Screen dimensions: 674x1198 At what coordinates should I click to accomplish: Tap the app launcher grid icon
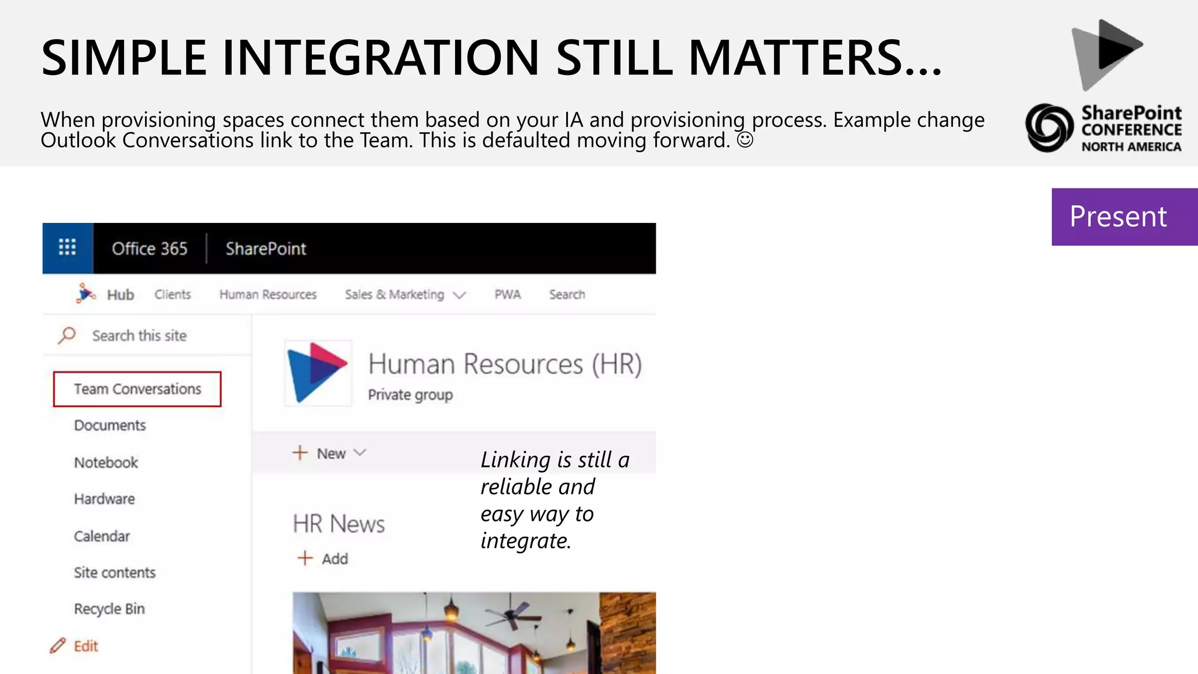(x=67, y=248)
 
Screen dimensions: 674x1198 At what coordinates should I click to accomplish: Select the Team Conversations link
(x=137, y=389)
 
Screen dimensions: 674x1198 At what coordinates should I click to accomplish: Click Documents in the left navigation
(x=110, y=425)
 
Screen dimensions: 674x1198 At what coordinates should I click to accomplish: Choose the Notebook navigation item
(x=106, y=463)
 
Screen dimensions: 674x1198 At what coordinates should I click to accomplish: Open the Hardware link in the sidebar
(x=104, y=499)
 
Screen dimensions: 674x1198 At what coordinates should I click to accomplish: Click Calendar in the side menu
(x=102, y=537)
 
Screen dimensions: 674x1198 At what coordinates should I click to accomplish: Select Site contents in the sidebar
(x=115, y=573)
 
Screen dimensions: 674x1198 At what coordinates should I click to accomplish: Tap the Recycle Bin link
(x=109, y=609)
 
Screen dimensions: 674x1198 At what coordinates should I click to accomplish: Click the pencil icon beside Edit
(x=57, y=646)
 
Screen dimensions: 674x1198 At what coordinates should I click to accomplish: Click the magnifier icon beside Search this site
(x=67, y=335)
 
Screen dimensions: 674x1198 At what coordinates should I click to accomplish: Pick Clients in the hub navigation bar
(x=173, y=294)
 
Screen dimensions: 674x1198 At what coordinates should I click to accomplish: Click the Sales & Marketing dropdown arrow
(x=460, y=295)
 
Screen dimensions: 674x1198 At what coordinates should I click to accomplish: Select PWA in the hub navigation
(x=507, y=294)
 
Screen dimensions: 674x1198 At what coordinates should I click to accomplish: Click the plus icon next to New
(x=300, y=453)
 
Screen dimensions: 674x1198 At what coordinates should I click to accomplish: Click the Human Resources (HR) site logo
(x=318, y=373)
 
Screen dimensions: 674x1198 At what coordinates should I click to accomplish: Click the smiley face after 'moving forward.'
(x=745, y=140)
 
